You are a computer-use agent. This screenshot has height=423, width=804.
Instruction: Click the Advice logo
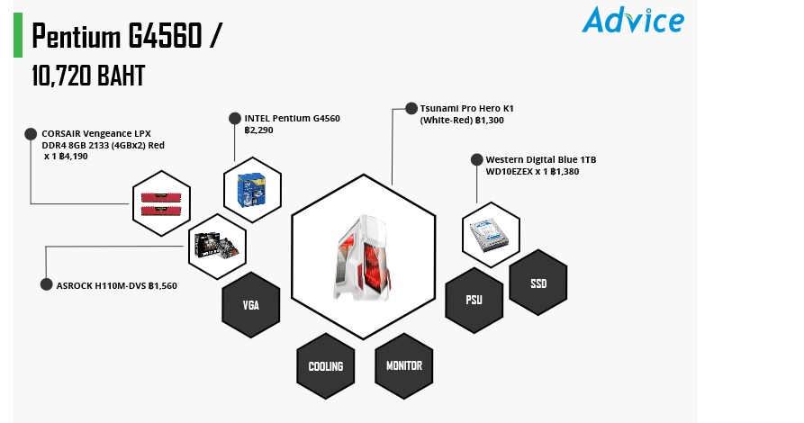(633, 20)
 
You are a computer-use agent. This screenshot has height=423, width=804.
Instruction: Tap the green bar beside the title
(18, 34)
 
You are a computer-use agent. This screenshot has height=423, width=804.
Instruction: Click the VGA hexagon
(250, 304)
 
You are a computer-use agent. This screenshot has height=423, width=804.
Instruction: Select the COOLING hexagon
(326, 366)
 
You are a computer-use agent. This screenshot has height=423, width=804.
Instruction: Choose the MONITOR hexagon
(404, 365)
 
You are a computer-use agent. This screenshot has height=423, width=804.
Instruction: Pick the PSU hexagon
(474, 300)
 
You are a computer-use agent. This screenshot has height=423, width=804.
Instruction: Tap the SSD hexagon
(538, 283)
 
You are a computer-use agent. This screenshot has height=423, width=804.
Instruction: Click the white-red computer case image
(363, 257)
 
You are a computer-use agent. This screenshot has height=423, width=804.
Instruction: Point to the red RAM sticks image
(161, 203)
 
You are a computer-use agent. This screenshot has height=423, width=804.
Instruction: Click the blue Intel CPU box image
(251, 190)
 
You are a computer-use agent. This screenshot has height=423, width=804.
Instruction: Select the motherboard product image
(217, 246)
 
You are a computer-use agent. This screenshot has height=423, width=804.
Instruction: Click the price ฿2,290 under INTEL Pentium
(259, 130)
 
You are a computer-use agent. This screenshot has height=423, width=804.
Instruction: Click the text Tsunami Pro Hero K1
(466, 109)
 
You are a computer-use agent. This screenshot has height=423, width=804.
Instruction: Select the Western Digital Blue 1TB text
(541, 160)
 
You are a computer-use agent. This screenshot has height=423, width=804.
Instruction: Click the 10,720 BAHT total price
(88, 76)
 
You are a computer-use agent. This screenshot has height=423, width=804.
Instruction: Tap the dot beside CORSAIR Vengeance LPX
(31, 134)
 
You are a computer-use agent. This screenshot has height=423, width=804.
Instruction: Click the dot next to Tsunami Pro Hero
(411, 108)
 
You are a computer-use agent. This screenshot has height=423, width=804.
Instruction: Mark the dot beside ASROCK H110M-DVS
(46, 284)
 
